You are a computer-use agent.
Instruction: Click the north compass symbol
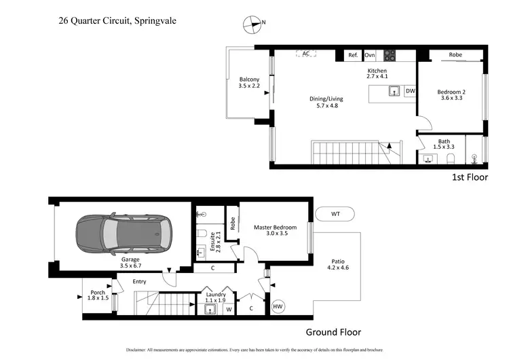pyautogui.click(x=252, y=24)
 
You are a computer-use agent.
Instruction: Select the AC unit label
pyautogui.click(x=306, y=54)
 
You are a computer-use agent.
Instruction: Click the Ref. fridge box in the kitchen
pyautogui.click(x=353, y=56)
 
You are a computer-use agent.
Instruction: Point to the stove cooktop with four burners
pyautogui.click(x=390, y=56)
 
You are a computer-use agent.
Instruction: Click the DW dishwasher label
pyautogui.click(x=410, y=91)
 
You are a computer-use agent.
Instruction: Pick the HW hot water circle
pyautogui.click(x=278, y=307)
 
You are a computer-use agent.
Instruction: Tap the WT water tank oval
pyautogui.click(x=335, y=214)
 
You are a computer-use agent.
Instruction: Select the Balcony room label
pyautogui.click(x=249, y=79)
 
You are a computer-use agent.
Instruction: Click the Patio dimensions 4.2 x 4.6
pyautogui.click(x=338, y=268)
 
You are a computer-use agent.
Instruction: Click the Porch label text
pyautogui.click(x=98, y=293)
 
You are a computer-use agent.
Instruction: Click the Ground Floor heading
pyautogui.click(x=333, y=332)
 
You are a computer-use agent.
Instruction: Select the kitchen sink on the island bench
pyautogui.click(x=394, y=91)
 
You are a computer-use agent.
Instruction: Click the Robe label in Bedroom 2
pyautogui.click(x=455, y=55)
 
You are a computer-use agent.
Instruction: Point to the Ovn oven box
pyautogui.click(x=371, y=56)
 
